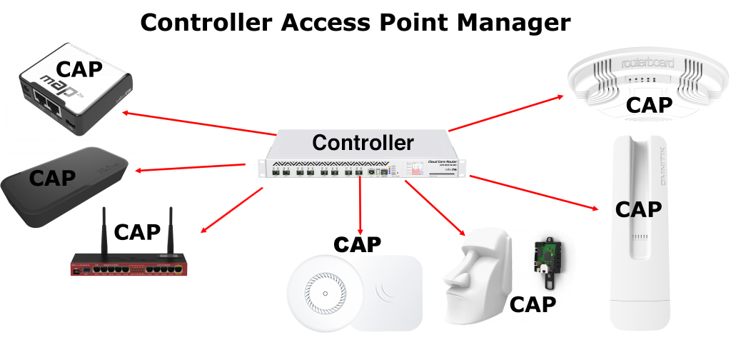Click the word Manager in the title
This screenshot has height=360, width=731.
[498, 22]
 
